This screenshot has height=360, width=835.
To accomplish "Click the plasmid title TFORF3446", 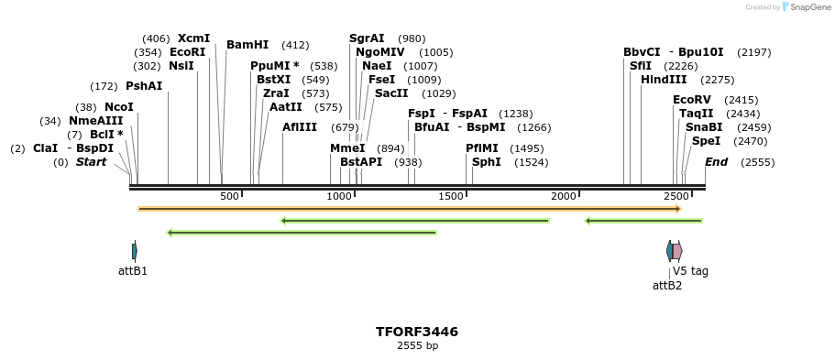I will [417, 332].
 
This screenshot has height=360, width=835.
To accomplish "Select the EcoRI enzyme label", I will [187, 52].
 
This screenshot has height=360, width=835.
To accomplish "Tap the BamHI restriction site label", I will [247, 45].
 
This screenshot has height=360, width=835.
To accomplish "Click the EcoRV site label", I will [691, 100].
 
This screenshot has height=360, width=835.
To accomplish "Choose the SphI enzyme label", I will [486, 162].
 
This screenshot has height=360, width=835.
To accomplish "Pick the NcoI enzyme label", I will [118, 107].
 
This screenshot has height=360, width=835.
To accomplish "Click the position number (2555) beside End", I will [758, 162].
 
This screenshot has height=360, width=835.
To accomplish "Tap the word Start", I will [91, 162].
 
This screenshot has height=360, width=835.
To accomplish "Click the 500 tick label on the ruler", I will [229, 196].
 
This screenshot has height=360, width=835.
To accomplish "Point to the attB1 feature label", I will [133, 271].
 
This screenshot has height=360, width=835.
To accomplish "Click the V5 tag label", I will [690, 271].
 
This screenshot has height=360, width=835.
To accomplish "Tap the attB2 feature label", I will [667, 286].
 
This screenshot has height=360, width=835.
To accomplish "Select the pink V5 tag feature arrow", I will [677, 251].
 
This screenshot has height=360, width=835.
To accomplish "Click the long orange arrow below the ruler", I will [409, 209].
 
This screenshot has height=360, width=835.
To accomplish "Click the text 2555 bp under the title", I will [417, 346].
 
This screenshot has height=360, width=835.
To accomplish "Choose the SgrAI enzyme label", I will [367, 38].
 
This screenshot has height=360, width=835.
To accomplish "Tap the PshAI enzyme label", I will [144, 86].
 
